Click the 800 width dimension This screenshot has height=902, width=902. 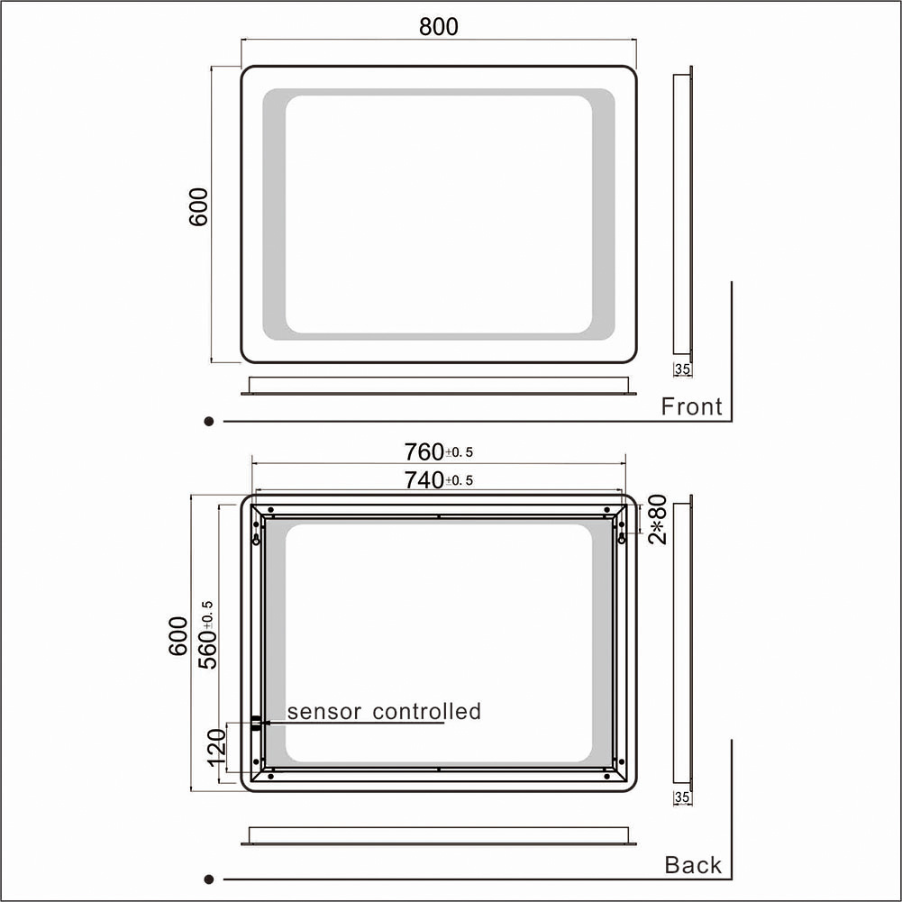438,26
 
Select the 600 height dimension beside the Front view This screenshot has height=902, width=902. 198,206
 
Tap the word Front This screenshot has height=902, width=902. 691,406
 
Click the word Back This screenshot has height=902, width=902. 693,865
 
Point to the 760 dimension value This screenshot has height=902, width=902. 424,452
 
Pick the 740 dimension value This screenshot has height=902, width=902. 424,479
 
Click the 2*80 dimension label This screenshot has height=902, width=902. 658,519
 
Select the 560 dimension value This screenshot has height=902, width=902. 207,649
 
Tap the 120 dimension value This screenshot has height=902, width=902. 217,747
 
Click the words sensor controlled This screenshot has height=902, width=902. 384,712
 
